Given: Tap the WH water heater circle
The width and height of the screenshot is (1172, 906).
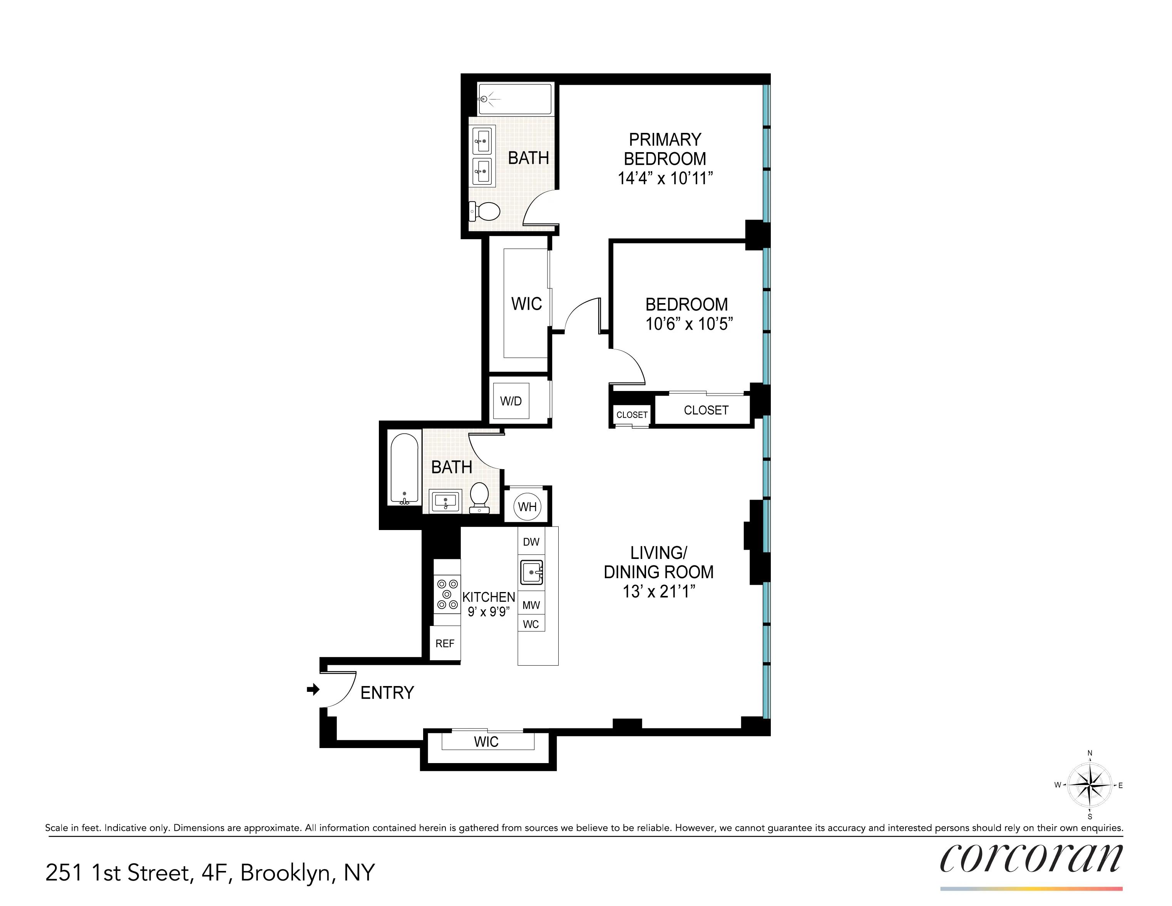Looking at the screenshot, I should tap(527, 507).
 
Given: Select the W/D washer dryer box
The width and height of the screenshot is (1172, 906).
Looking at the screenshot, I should tap(511, 401).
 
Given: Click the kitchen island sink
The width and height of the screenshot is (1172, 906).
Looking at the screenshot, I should tap(531, 573).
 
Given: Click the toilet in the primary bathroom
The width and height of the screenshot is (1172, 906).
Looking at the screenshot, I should tap(485, 211).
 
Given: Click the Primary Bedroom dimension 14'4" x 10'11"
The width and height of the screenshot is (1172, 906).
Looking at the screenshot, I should tap(665, 178).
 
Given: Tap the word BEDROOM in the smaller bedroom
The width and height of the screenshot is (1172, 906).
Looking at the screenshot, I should tap(686, 304).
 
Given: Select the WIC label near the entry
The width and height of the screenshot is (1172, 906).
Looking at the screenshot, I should tap(486, 742).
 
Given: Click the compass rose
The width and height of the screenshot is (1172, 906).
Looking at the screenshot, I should tap(1089, 785).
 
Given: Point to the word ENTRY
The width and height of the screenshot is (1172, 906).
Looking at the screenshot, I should tap(387, 693).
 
